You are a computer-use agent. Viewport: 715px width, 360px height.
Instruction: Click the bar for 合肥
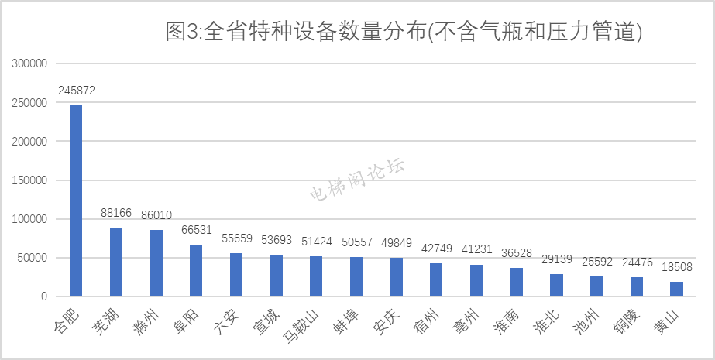(x=76, y=201)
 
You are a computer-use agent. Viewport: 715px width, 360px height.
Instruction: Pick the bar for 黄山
(x=676, y=289)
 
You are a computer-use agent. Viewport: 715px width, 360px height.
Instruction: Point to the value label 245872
(x=76, y=91)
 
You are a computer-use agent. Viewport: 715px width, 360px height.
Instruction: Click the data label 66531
(x=197, y=230)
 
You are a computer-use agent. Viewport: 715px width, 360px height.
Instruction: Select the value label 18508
(x=676, y=267)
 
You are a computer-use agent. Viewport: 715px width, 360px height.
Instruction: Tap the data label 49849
(x=396, y=243)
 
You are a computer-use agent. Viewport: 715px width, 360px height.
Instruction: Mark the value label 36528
(x=517, y=253)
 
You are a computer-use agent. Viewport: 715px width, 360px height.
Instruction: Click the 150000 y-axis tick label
(x=30, y=180)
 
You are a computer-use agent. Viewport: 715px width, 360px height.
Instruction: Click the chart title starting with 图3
(x=404, y=32)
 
